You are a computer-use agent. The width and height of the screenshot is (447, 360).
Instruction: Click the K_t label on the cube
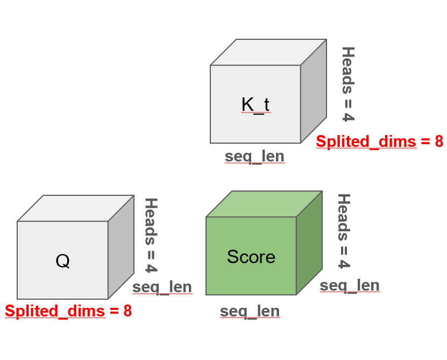(255, 104)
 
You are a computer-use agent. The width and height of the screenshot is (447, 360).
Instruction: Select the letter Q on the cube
(62, 261)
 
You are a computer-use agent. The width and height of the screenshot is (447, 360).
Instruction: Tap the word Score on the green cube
(251, 257)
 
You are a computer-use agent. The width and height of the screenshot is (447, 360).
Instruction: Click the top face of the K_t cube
(268, 52)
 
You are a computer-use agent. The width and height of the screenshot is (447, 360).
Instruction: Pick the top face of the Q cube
(75, 208)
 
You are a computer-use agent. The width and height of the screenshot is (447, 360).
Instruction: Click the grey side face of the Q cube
(120, 247)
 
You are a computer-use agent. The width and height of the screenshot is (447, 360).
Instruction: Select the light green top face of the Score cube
(264, 204)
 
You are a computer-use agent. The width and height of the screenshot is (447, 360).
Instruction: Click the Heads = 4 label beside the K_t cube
(349, 84)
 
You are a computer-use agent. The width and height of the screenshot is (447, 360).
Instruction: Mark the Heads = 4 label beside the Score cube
(344, 231)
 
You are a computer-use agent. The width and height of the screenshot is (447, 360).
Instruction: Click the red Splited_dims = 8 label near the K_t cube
(379, 142)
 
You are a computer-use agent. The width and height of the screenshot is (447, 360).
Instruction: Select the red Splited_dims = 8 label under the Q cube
(68, 311)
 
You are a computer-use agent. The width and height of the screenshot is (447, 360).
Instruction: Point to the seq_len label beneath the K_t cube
(254, 156)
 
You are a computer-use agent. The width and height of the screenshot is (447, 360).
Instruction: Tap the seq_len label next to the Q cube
(162, 287)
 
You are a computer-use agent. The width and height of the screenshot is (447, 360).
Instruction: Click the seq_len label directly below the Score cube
(250, 310)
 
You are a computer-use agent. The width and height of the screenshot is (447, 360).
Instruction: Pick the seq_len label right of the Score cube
(350, 285)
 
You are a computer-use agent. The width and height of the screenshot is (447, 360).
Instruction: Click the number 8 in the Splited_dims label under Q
(127, 311)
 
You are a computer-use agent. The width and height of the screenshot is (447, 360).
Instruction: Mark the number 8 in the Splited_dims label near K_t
(438, 142)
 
